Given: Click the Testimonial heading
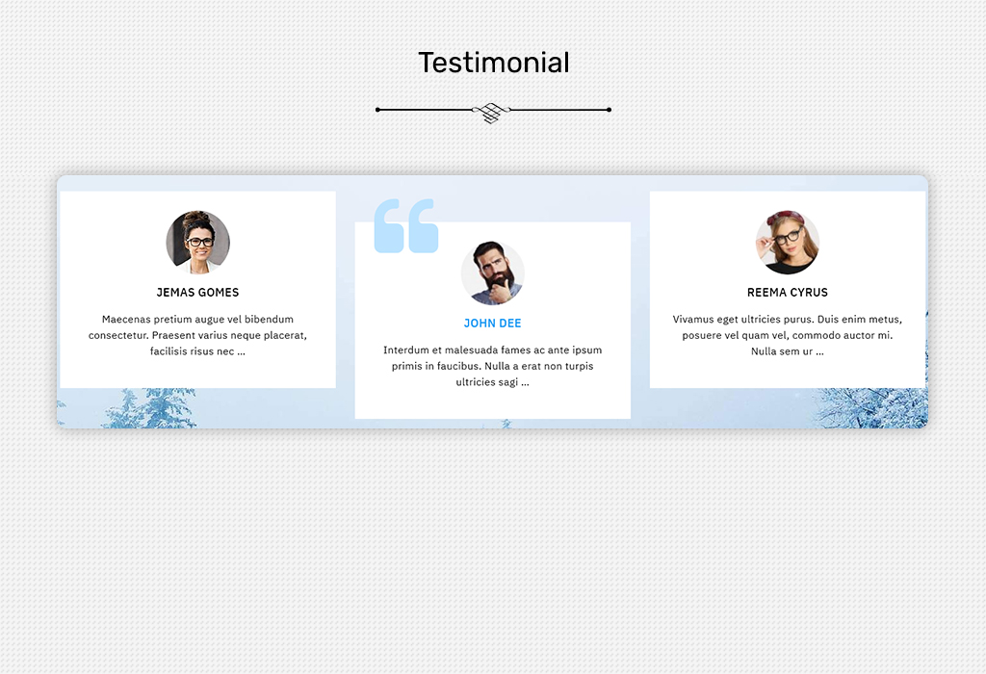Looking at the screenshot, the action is point(494,63).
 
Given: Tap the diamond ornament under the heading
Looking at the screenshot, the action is point(492,112).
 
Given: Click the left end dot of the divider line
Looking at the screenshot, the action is point(377,110).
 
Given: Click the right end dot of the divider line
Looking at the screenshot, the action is point(609,110).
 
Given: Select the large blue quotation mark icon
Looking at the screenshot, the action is point(406,225).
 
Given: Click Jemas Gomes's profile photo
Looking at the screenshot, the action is point(198,242).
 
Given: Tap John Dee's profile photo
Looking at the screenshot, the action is point(492,272).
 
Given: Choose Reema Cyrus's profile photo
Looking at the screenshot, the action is point(788,242).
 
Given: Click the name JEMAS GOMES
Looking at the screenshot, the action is point(197,293).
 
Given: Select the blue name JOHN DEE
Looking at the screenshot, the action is point(492,324).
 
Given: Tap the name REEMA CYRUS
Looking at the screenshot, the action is point(788,293).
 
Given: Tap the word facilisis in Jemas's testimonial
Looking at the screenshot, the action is point(169,351).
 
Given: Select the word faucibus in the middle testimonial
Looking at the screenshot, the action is point(455,366).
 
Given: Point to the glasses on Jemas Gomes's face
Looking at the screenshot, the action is point(199,242).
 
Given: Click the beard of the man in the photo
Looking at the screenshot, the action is point(497,281).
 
